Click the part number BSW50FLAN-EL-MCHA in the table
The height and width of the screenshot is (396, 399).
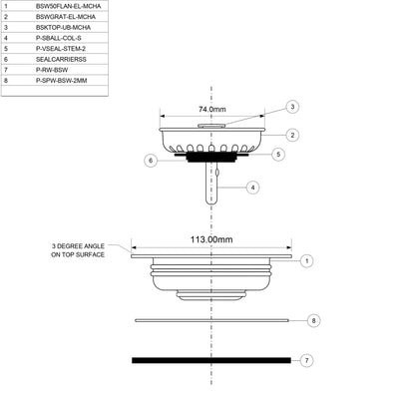(x=68, y=6)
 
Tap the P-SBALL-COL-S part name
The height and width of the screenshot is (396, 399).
(x=58, y=38)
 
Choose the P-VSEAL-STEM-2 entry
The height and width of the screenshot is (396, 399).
(x=61, y=48)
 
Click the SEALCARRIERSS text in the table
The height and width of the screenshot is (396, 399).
(x=57, y=59)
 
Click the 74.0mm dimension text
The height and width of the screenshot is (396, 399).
(x=212, y=108)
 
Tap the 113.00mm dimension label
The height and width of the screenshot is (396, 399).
(x=211, y=239)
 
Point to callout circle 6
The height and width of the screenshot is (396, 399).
(x=150, y=160)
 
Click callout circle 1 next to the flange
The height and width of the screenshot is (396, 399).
(x=307, y=260)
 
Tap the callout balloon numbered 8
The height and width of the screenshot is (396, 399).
(x=313, y=321)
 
